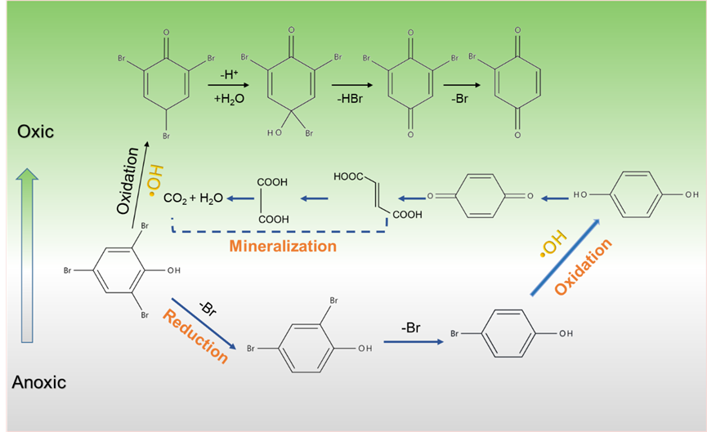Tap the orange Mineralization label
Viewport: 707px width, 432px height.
283,245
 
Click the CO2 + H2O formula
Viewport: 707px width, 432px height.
194,198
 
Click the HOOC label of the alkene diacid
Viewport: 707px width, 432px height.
348,176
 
